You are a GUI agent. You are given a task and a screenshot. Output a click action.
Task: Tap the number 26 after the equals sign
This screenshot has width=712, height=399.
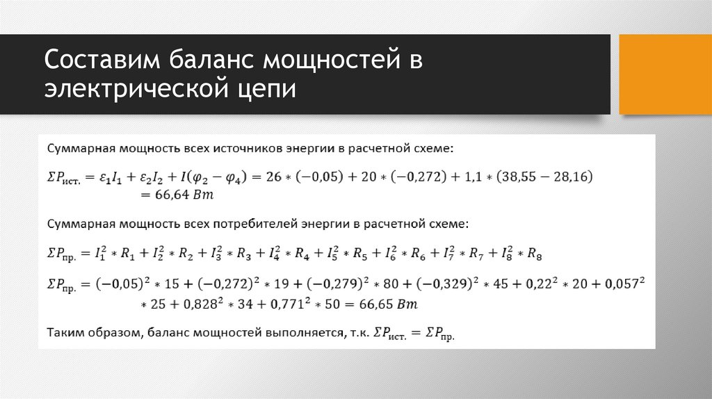click(273, 177)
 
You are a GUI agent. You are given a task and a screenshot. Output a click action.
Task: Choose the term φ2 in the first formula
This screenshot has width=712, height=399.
click(197, 178)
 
